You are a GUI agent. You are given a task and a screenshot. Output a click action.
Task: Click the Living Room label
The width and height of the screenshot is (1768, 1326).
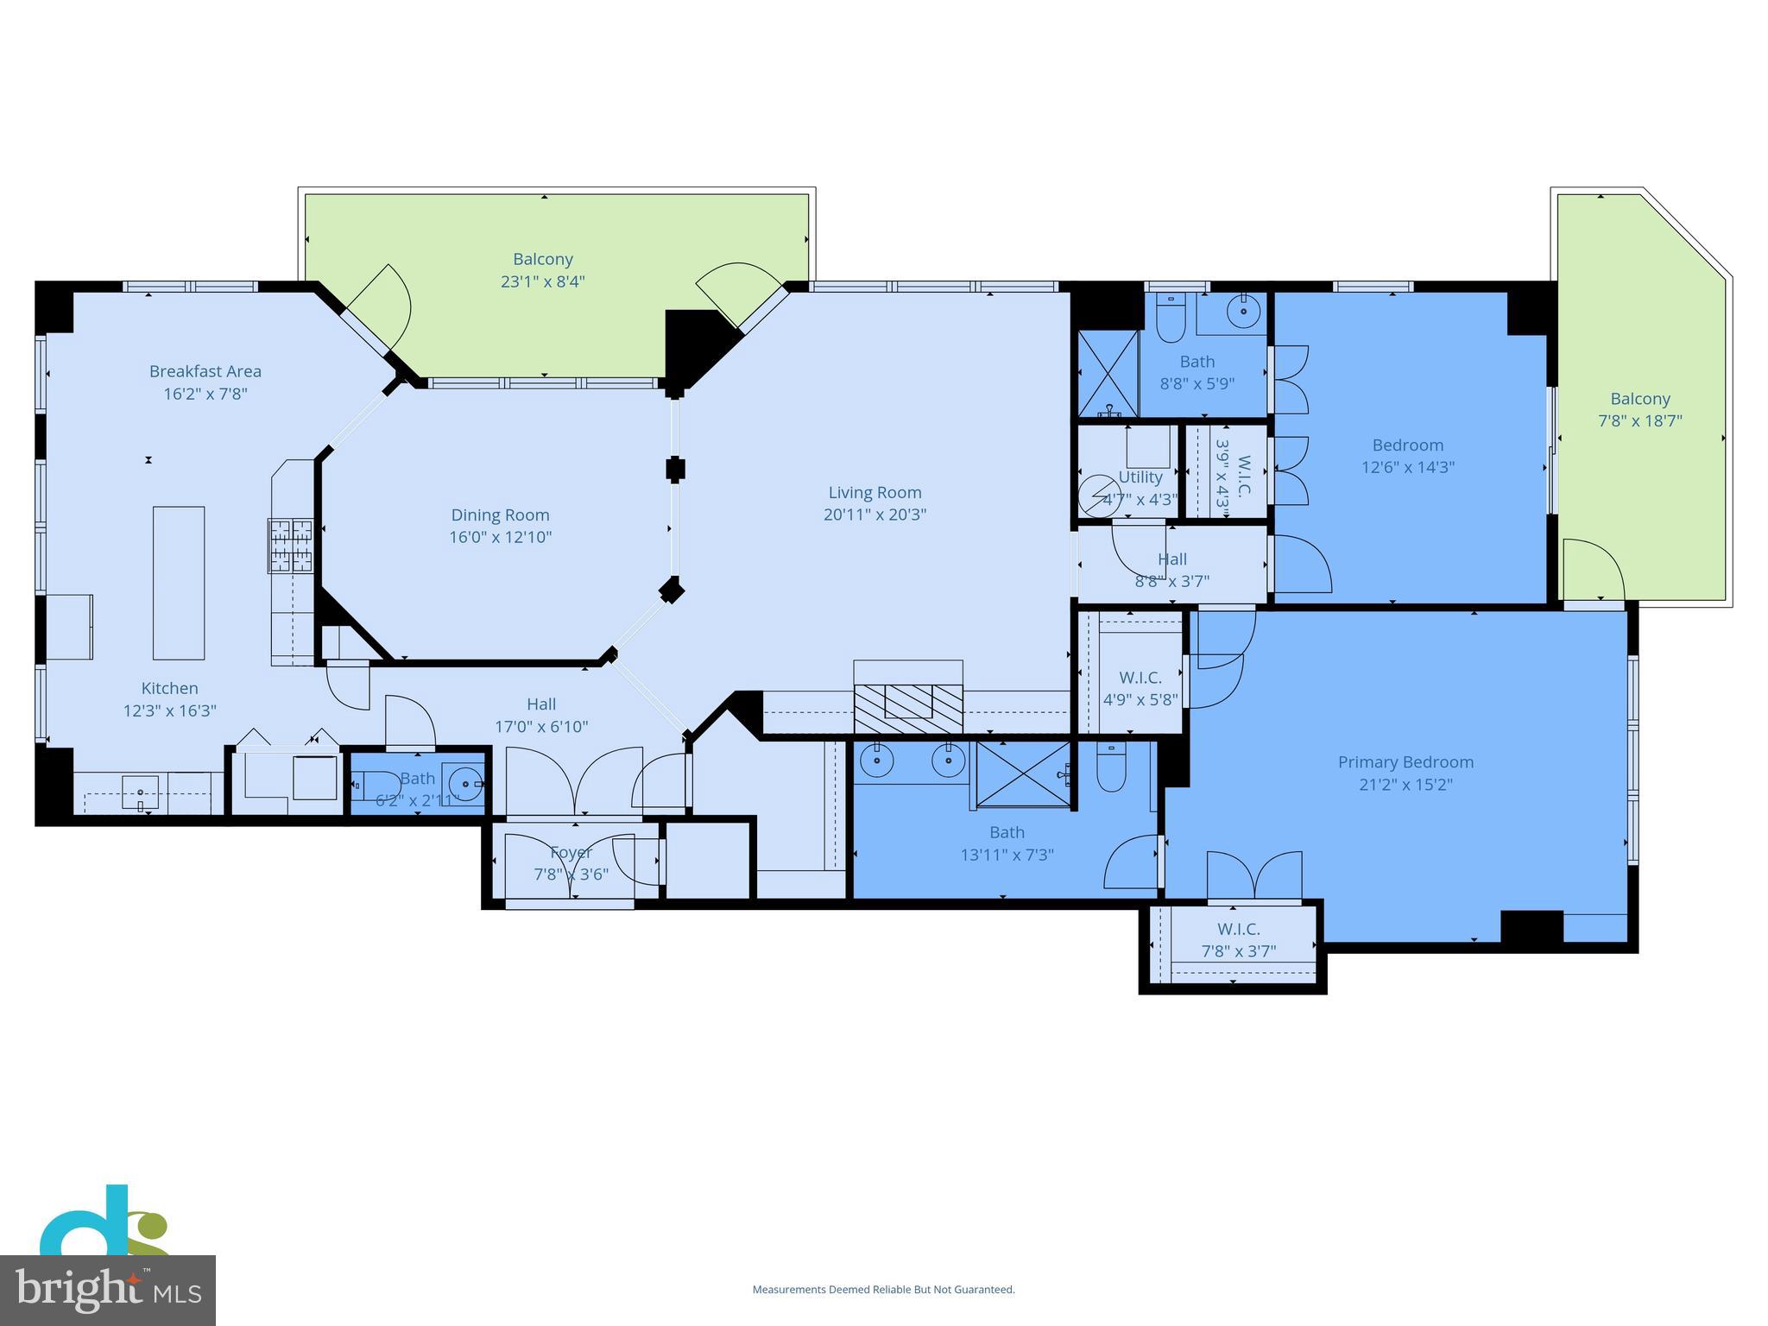pos(875,492)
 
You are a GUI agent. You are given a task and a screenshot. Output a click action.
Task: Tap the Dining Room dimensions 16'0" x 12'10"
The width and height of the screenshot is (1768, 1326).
pos(500,537)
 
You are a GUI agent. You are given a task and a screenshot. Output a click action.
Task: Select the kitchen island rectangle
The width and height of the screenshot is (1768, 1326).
pos(179,583)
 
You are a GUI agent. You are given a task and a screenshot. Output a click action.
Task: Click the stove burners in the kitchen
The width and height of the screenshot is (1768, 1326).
pos(290,545)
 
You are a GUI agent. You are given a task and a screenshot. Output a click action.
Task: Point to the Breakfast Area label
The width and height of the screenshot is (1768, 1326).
pos(205,371)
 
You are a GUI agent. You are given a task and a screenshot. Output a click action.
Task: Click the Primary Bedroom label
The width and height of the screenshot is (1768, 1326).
pos(1405,762)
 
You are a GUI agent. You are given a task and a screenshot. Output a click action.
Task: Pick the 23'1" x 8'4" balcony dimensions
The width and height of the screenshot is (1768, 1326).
pos(543,281)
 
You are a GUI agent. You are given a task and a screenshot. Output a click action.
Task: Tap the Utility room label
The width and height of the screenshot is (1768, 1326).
pos(1140,477)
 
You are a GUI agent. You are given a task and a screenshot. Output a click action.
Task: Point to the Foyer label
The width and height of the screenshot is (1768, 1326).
pos(571,852)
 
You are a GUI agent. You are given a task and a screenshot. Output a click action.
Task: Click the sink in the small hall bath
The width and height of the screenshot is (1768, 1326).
pos(464,784)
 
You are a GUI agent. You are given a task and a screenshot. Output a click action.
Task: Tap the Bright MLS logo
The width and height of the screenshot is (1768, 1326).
pos(107,1290)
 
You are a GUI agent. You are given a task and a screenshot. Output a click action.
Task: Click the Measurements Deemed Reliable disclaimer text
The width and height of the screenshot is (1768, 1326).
pos(883,1290)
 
